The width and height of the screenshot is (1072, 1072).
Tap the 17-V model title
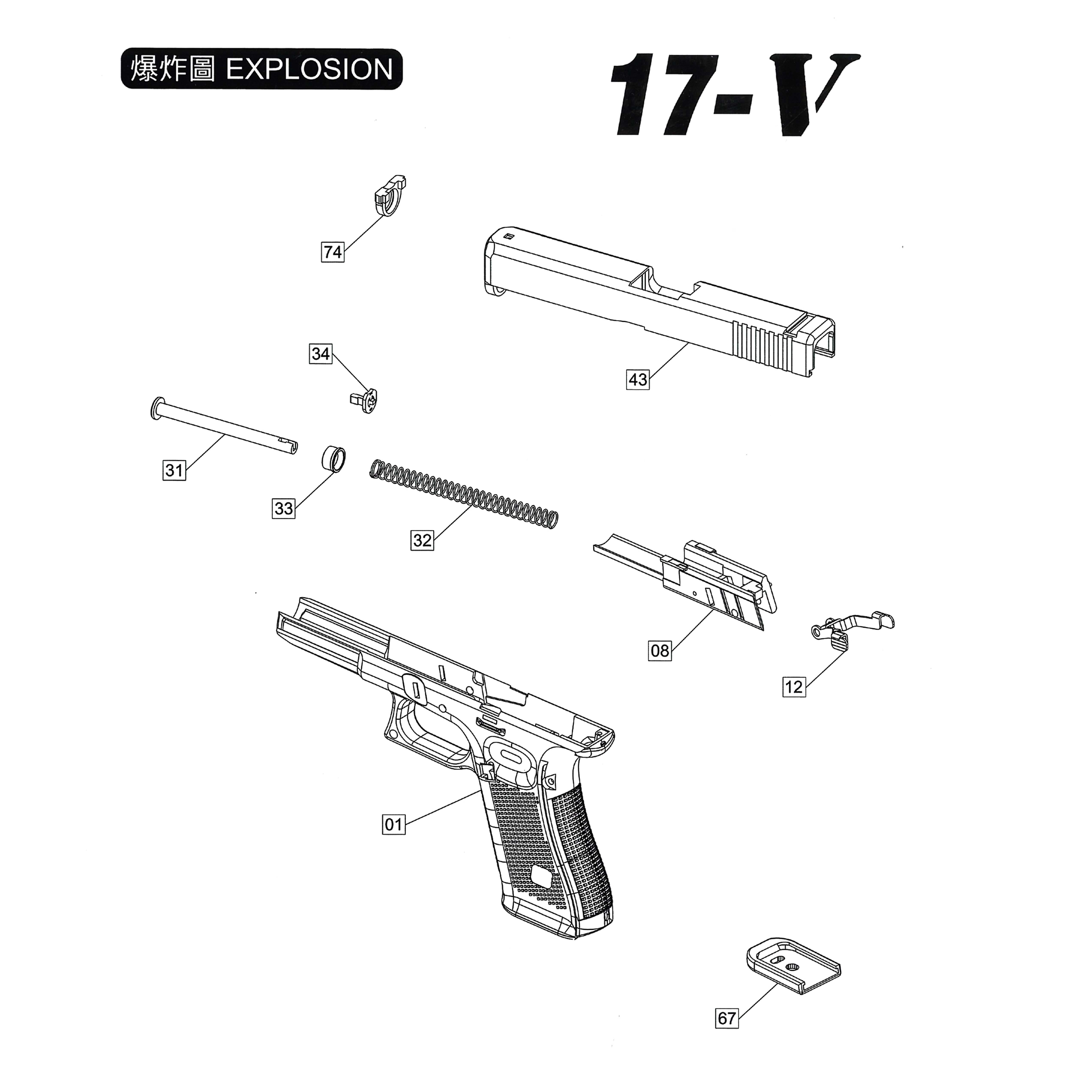tap(732, 94)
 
